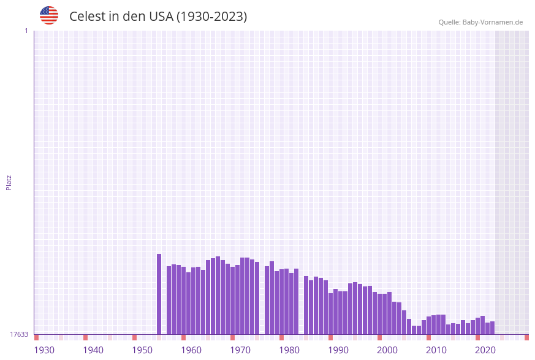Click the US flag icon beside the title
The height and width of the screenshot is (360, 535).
[49, 15]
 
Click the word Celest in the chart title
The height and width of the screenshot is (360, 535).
[88, 17]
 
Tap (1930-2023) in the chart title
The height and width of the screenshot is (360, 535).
[211, 17]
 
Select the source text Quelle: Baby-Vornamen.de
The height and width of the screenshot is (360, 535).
[480, 22]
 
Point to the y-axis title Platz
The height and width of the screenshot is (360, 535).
[9, 182]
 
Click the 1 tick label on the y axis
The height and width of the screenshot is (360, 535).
[26, 31]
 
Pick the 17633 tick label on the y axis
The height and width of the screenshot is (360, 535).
[18, 334]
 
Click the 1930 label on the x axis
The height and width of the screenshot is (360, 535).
[44, 350]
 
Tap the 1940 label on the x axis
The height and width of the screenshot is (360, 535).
[93, 350]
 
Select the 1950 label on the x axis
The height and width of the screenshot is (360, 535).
[142, 350]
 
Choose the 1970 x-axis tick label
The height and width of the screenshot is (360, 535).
[240, 350]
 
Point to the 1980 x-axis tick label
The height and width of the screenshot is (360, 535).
[289, 350]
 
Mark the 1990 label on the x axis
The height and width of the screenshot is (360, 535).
[338, 350]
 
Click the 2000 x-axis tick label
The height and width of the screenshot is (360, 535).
[387, 350]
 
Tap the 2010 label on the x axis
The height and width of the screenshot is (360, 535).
[436, 350]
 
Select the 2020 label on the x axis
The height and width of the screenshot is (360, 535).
[485, 350]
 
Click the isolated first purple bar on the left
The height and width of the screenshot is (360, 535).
[159, 294]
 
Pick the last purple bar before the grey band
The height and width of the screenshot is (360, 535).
[492, 328]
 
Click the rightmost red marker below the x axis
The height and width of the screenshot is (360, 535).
[526, 337]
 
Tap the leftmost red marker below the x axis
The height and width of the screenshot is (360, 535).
[36, 337]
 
